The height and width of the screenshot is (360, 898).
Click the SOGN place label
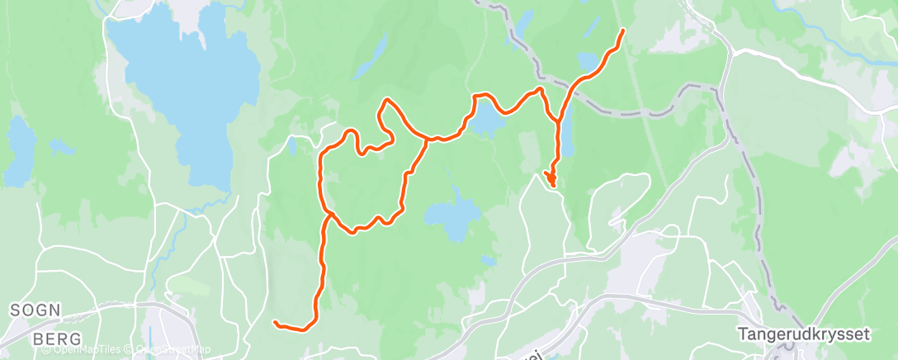[x=35, y=310]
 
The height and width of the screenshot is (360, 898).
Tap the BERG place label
[x=57, y=339]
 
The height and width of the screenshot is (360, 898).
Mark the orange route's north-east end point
[x=622, y=31]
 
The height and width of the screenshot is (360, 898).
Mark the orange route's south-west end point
[x=275, y=322]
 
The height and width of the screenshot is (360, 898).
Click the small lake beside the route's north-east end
[x=589, y=60]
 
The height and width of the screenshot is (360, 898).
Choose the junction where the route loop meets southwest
[x=329, y=214]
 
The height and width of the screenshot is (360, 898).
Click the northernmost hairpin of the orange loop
[x=385, y=102]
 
